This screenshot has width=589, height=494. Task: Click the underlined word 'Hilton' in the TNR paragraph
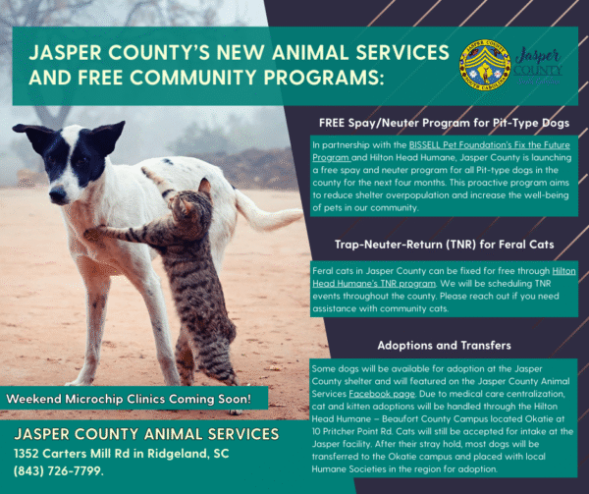563,267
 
